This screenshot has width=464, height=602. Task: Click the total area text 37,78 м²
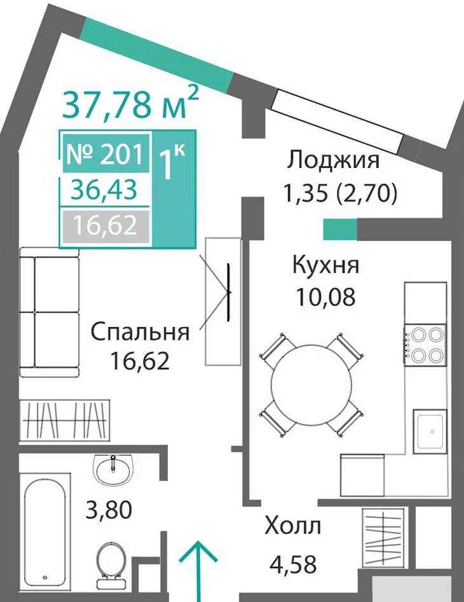point(130,102)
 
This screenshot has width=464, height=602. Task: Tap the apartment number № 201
point(106,155)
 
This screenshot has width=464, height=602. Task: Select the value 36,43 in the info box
point(104,190)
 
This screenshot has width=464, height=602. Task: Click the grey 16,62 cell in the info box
point(105,225)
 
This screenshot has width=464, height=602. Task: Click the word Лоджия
point(333,160)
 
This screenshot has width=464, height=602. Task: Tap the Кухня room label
point(325,265)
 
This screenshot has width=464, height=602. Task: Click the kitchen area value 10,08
point(325,297)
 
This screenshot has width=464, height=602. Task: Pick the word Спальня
point(140,332)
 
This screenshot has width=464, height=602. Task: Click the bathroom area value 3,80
point(109,510)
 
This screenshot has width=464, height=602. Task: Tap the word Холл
point(293,526)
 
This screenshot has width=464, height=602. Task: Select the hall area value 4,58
point(294,564)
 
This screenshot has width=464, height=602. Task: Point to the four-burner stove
point(425,344)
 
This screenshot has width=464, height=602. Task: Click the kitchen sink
point(430,432)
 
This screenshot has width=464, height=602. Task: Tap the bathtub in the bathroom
point(45,529)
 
